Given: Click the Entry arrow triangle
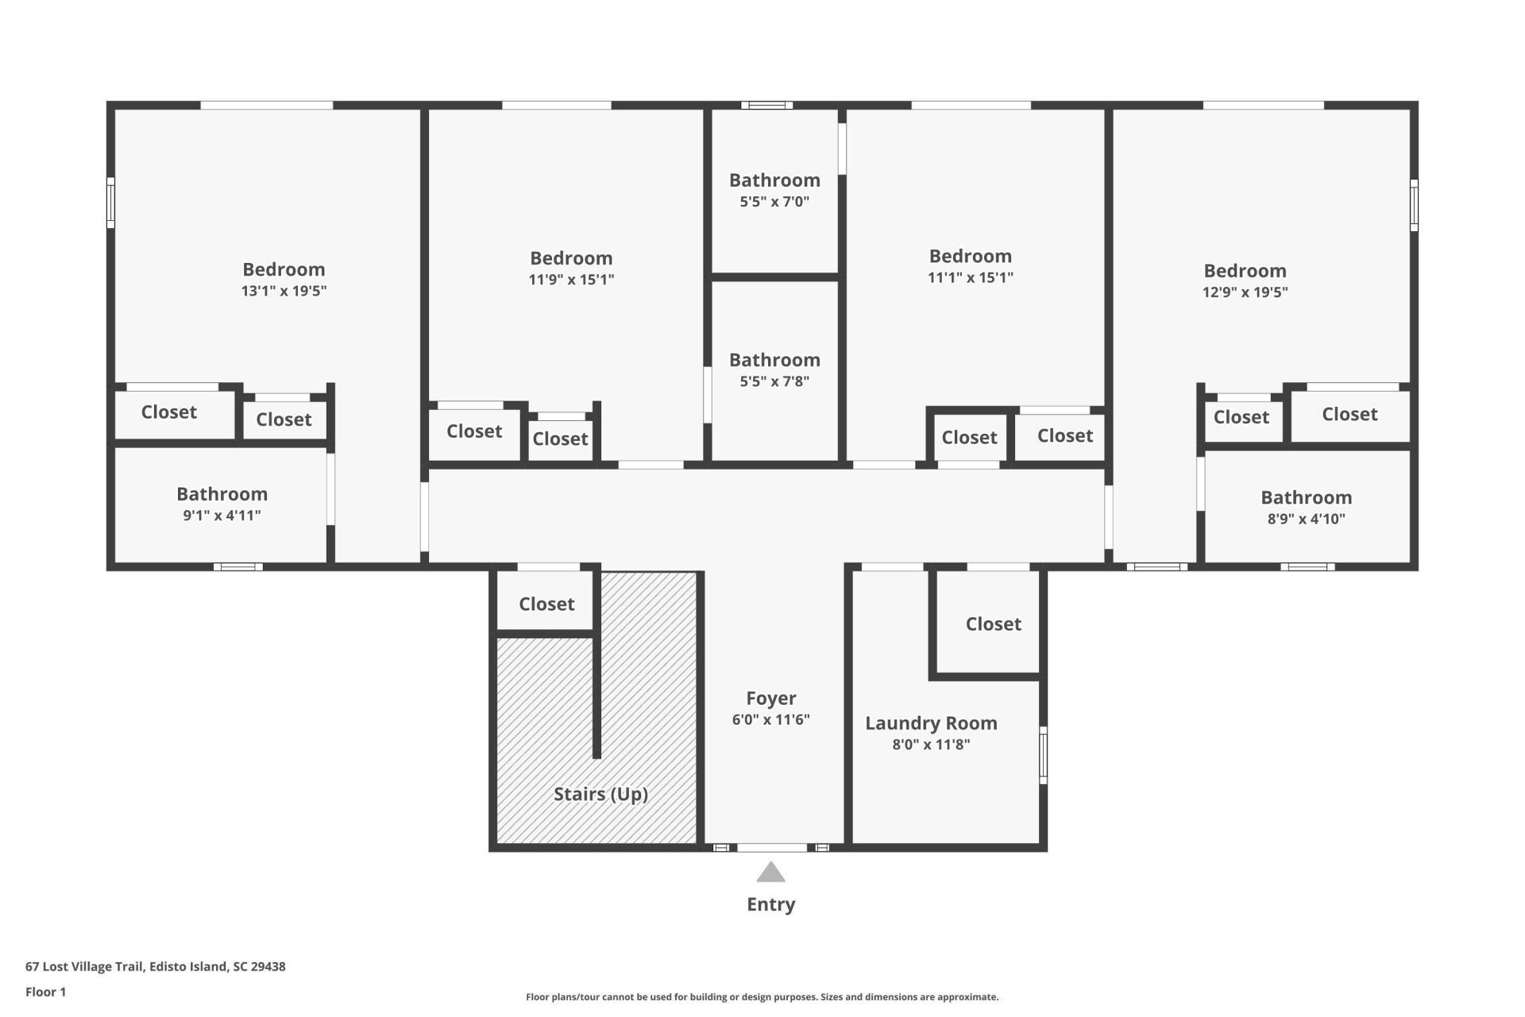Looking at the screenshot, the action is point(770,872).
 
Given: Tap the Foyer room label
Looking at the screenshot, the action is point(770,698).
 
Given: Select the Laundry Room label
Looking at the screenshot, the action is point(931,723).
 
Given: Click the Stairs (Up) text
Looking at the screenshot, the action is point(600,794).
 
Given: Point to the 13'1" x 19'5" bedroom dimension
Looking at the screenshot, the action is point(284,291).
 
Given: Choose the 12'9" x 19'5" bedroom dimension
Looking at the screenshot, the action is point(1245,292).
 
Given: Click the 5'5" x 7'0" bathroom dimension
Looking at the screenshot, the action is point(774,202).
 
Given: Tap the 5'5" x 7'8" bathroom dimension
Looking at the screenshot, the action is point(774,381).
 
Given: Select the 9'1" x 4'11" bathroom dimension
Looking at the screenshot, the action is point(222,515).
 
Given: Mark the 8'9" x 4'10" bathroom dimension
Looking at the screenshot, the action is point(1306,519).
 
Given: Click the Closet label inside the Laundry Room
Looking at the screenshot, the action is point(993,624).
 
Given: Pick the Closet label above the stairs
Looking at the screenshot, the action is point(546,604).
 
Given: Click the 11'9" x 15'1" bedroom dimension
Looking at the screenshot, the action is point(571,280).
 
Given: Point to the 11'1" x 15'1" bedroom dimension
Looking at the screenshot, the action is point(971,277).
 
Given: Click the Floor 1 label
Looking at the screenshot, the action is point(45,992).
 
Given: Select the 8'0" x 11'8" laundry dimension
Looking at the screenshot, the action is point(931,744).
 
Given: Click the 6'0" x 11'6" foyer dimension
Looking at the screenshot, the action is point(770,720).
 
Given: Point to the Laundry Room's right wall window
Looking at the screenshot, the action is point(1043,755).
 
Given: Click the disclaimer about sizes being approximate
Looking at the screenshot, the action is point(762,996).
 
